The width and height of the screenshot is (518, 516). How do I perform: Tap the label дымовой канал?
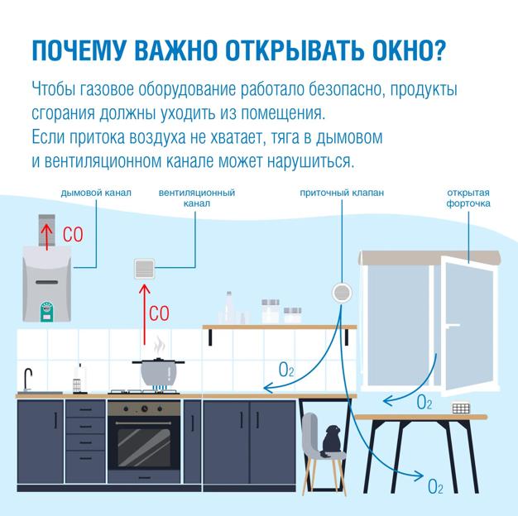tap(96, 193)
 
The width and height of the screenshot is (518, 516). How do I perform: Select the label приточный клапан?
tap(342, 193)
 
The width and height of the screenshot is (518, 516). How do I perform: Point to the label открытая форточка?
tap(468, 198)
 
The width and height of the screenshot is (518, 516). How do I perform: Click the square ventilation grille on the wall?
tap(145, 269)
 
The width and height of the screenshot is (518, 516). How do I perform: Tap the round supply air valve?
tap(342, 293)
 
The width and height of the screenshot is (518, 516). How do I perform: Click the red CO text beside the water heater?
tap(73, 235)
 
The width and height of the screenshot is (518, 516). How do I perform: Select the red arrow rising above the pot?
tap(144, 314)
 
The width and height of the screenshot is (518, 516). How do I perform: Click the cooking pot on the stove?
tap(159, 372)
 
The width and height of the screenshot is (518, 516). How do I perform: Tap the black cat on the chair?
tap(332, 441)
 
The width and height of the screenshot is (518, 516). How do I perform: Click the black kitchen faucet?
tap(28, 379)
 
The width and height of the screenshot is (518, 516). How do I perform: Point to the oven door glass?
tap(144, 447)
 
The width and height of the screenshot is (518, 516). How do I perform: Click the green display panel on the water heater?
tap(46, 312)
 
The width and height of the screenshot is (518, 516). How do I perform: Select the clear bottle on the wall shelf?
tap(228, 308)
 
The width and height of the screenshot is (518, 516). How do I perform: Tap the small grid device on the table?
tap(461, 408)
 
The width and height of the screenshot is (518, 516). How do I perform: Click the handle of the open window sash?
tap(453, 325)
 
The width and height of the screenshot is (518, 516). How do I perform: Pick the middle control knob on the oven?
tap(144, 408)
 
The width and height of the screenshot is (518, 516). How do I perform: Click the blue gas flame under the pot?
tap(159, 388)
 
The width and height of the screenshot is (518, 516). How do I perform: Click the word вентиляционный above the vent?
tap(197, 193)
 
